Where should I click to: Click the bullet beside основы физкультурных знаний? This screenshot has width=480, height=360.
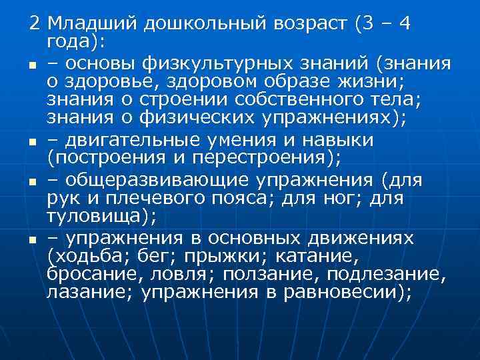[31, 65]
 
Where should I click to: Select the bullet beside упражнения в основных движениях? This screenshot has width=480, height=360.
[31, 239]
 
